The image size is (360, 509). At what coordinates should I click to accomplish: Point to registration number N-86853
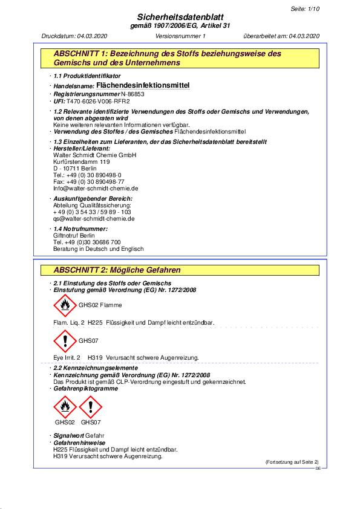tap(132, 95)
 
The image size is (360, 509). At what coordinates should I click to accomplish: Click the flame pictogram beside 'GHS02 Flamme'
tap(65, 305)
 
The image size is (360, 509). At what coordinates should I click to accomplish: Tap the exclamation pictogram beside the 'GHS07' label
tap(65, 341)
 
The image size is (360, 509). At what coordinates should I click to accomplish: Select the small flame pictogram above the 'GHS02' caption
tap(65, 407)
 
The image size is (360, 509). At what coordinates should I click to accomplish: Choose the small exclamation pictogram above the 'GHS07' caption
tap(91, 407)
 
